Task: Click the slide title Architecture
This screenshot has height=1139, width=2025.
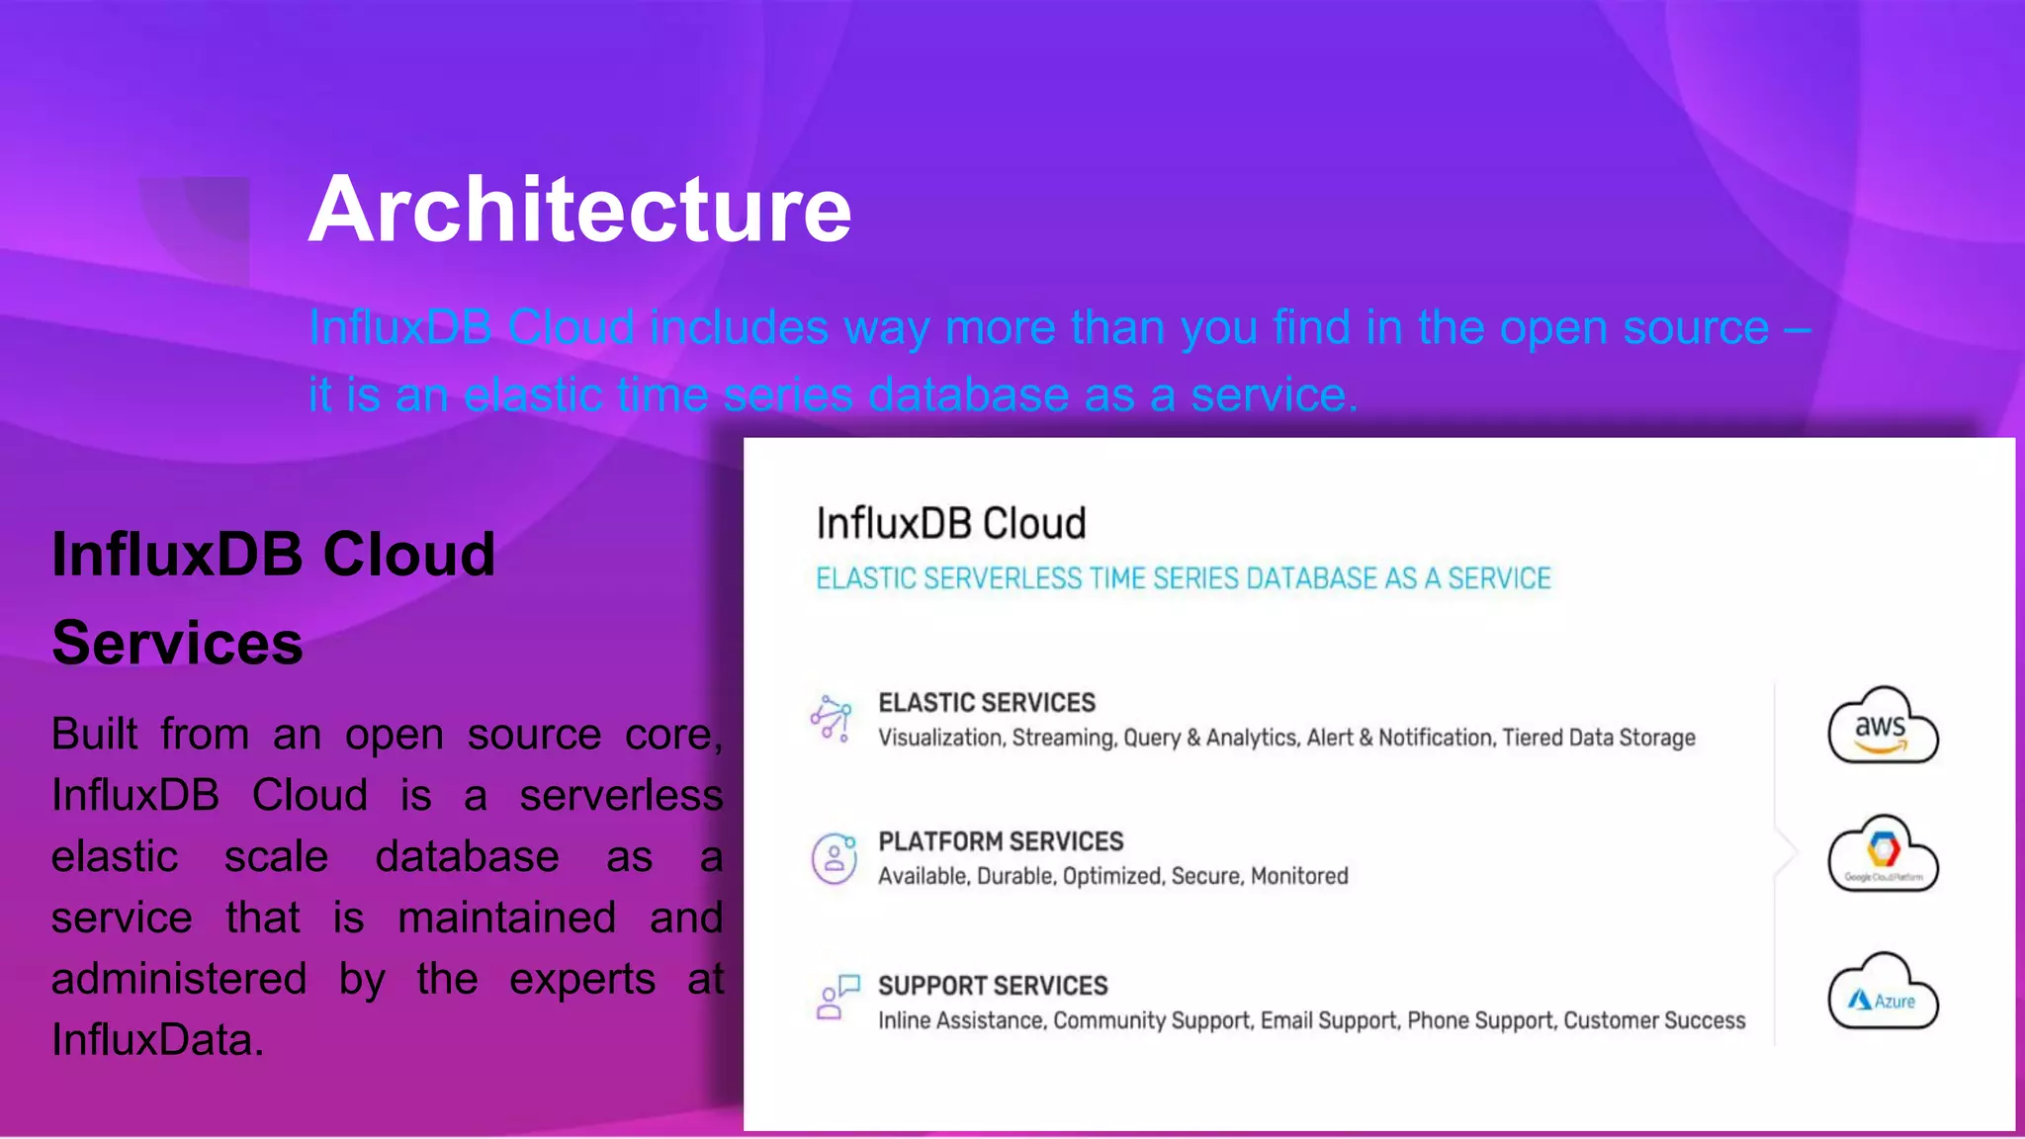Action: coord(579,210)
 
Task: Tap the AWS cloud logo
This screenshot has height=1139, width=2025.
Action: coord(1882,727)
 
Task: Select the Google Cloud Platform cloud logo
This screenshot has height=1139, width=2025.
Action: coord(1882,854)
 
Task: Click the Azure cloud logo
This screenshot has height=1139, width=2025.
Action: coord(1882,993)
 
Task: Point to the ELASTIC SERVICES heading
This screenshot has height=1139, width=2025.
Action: coord(986,703)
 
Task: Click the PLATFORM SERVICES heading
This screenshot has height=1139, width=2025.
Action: coord(1000,841)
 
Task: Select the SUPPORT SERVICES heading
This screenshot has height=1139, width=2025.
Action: coord(992,986)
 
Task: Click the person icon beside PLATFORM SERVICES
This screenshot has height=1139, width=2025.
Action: coord(834,857)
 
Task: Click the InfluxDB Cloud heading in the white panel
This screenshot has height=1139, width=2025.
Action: coord(950,523)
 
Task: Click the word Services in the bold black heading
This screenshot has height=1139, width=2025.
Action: coord(177,643)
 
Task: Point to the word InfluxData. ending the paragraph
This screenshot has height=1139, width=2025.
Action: coord(157,1040)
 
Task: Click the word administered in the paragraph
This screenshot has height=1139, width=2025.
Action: coord(179,979)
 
